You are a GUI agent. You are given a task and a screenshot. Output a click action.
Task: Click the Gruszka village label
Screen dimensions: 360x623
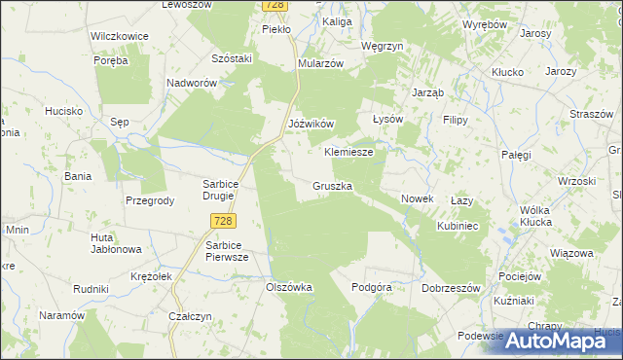pos(332,185)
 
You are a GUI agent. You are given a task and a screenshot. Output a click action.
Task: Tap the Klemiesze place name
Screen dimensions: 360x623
pos(348,153)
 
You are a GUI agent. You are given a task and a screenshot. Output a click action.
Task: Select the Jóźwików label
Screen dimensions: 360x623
pos(311,124)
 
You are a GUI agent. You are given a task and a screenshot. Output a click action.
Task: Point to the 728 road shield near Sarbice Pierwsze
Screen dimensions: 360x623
pos(221,222)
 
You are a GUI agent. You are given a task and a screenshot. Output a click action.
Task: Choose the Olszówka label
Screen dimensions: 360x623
pos(288,287)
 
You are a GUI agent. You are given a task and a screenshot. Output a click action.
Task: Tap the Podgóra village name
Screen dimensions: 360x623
pos(371,287)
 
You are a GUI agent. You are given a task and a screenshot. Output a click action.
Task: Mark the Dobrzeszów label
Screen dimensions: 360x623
pos(452,288)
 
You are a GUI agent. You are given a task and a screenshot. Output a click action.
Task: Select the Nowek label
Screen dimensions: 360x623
pos(417,198)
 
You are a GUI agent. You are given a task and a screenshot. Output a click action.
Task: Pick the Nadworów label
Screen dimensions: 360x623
pos(191,84)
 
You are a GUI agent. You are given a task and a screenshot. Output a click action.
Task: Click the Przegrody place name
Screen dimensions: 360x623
pos(150,200)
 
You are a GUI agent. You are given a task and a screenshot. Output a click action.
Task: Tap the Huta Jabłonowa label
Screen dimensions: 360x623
pos(116,243)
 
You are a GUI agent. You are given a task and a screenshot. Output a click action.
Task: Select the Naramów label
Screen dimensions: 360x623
pos(61,315)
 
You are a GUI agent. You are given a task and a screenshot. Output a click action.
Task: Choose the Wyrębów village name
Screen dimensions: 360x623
pos(485,23)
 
